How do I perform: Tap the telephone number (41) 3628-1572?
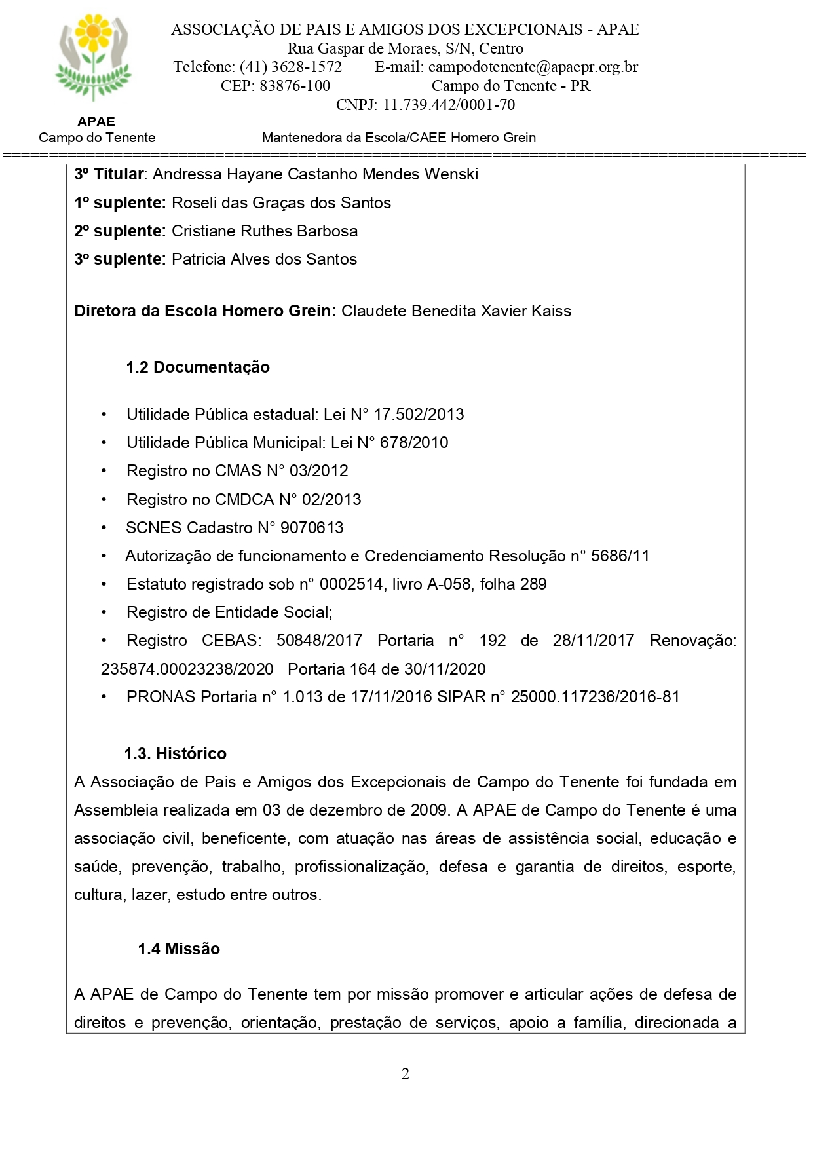click(x=291, y=67)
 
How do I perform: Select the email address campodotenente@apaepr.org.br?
click(x=533, y=67)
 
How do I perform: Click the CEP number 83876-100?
click(x=295, y=86)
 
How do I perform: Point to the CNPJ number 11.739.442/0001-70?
click(x=449, y=105)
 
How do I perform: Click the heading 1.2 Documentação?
click(x=198, y=367)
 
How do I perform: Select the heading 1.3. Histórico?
click(x=176, y=753)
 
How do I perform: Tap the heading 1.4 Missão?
click(x=179, y=949)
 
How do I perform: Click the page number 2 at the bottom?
click(x=406, y=1074)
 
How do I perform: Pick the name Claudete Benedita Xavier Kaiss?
click(x=456, y=311)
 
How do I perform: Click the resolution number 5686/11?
click(x=620, y=556)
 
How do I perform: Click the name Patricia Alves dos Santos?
click(x=264, y=259)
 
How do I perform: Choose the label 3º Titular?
click(x=109, y=174)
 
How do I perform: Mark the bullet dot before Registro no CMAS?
click(x=104, y=471)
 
